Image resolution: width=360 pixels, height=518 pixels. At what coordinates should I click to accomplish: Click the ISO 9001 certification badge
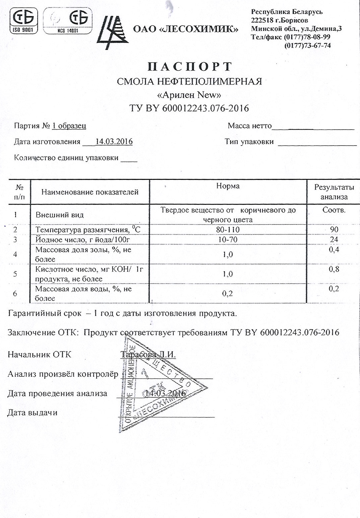tap(23, 21)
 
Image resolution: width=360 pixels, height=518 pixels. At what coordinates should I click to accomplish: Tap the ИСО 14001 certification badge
tap(68, 21)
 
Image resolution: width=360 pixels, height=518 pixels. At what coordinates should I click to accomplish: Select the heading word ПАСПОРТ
tap(189, 67)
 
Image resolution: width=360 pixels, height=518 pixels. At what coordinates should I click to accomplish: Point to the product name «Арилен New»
tap(189, 95)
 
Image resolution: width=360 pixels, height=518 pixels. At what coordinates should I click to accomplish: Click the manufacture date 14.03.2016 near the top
tap(114, 142)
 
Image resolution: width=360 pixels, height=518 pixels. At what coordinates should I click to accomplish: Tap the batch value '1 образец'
tap(69, 126)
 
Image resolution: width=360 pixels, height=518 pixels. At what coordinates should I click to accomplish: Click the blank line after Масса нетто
tap(313, 128)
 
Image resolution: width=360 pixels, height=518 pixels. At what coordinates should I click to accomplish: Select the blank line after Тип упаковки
tap(317, 144)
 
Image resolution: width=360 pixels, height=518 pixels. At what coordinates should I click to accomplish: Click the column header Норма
tap(228, 186)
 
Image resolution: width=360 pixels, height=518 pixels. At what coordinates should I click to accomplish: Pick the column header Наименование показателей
tap(90, 192)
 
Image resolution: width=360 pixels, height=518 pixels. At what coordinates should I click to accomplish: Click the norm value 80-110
tap(228, 230)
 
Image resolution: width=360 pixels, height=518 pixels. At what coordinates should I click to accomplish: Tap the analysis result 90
tap(334, 230)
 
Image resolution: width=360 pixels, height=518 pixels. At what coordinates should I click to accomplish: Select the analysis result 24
tap(334, 240)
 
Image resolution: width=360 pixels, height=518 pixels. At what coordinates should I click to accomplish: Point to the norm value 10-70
tap(228, 240)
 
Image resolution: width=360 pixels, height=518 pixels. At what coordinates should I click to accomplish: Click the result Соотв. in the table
tap(334, 210)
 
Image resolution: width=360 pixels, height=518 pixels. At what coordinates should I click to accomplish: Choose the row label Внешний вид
tap(60, 215)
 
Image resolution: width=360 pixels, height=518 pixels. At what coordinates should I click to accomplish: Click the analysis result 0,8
tap(334, 269)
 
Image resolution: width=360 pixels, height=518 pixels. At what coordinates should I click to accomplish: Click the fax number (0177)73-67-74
tap(307, 45)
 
